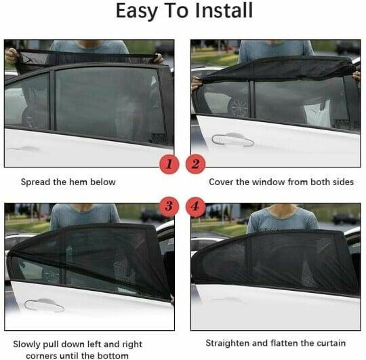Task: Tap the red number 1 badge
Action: tap(169, 163)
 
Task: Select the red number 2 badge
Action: tap(197, 163)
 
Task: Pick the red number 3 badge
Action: tap(169, 205)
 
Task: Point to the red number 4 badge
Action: tap(197, 205)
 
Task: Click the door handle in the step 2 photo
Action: tap(232, 140)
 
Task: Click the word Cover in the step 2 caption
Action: tap(222, 182)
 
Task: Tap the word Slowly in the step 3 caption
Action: tap(28, 343)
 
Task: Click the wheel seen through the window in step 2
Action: tap(238, 106)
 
